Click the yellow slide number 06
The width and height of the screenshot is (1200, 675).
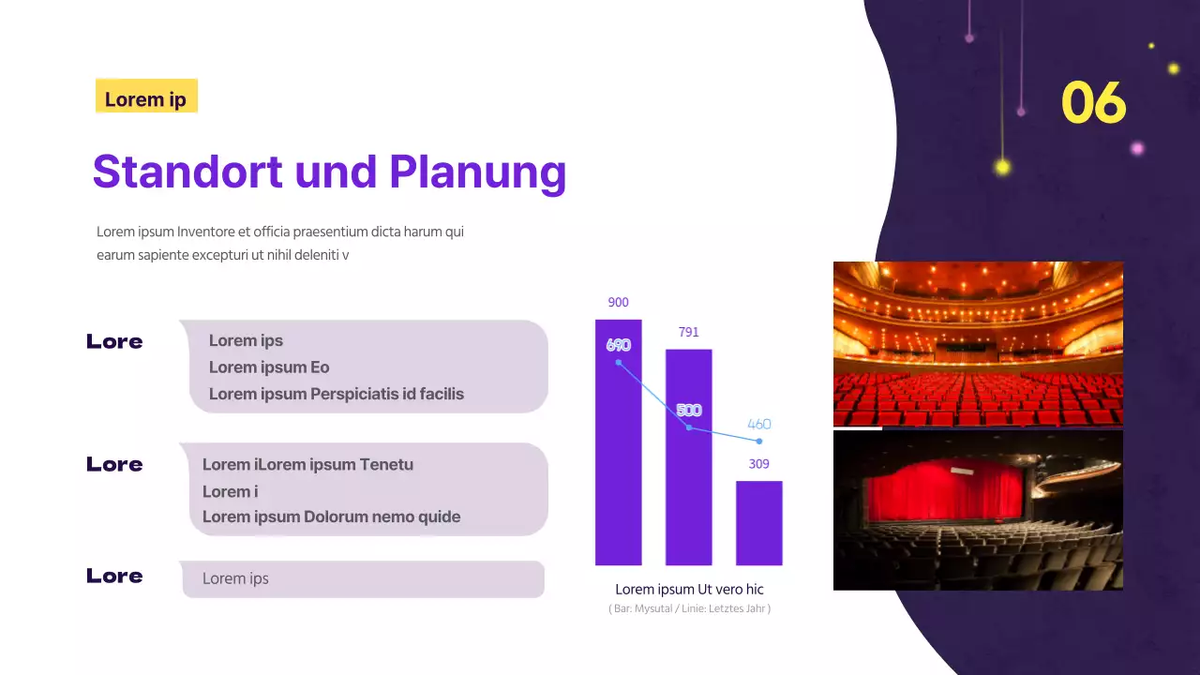pyautogui.click(x=1093, y=102)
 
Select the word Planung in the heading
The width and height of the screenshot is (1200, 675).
pyautogui.click(x=477, y=172)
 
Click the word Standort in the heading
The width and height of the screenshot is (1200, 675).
pyautogui.click(x=187, y=172)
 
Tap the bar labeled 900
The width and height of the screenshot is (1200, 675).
pyautogui.click(x=618, y=469)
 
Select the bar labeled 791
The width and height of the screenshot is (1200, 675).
pyautogui.click(x=688, y=487)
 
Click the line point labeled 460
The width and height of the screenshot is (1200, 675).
pyautogui.click(x=758, y=441)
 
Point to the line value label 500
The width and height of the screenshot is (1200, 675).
pyautogui.click(x=689, y=411)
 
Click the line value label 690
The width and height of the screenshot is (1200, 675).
pyautogui.click(x=618, y=345)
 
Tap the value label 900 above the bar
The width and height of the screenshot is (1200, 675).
pyautogui.click(x=618, y=303)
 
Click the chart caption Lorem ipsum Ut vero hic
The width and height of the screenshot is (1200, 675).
pyautogui.click(x=689, y=590)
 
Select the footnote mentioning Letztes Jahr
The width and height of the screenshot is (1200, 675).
pyautogui.click(x=689, y=609)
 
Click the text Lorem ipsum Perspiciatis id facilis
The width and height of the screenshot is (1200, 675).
pyautogui.click(x=336, y=394)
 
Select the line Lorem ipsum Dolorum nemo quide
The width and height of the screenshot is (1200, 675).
pyautogui.click(x=331, y=517)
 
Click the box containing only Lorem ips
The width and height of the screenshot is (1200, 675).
pyautogui.click(x=362, y=578)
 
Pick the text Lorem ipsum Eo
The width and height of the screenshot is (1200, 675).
pyautogui.click(x=269, y=367)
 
